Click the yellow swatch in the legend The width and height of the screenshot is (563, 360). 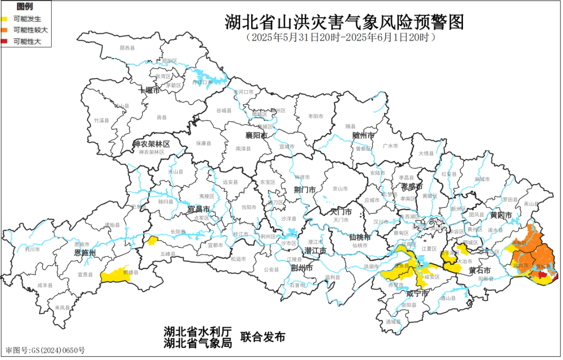click(4, 19)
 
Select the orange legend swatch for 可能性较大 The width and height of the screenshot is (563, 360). click(4, 30)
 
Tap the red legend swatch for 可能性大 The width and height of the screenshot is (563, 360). click(4, 41)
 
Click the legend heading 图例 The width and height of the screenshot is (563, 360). click(25, 7)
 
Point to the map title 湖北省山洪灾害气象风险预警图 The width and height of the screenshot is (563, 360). click(344, 23)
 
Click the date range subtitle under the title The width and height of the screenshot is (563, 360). click(341, 38)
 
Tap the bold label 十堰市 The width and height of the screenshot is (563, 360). click(150, 90)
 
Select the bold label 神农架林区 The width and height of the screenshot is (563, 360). click(152, 143)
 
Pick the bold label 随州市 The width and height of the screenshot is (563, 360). click(363, 135)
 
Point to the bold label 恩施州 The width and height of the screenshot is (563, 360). click(84, 253)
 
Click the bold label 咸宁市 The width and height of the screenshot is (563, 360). click(417, 294)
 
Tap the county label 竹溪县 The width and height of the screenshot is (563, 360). click(101, 120)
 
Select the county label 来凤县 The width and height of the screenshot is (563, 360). click(62, 307)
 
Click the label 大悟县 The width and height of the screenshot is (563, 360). click(426, 153)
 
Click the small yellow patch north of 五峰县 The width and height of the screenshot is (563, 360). click(152, 240)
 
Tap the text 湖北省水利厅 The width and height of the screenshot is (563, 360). click(197, 331)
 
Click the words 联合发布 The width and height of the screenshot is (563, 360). click(263, 337)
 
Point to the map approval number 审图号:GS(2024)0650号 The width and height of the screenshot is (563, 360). click(45, 350)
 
